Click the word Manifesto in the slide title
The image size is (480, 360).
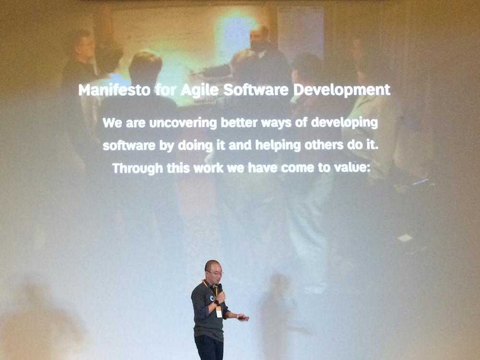tap(115, 90)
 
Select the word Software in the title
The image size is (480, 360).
tap(256, 90)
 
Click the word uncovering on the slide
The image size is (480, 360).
tap(183, 123)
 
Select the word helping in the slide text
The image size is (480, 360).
tap(278, 145)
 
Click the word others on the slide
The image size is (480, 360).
tap(324, 144)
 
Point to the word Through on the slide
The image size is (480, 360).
tap(138, 168)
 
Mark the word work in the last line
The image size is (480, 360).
tap(208, 168)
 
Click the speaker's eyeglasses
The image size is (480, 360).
tap(216, 273)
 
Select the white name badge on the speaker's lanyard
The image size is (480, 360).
tap(218, 312)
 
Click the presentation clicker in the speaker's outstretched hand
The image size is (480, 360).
tap(244, 318)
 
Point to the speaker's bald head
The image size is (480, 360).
tap(212, 265)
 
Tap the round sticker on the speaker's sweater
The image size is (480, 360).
tap(212, 298)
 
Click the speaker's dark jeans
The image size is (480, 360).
tap(209, 348)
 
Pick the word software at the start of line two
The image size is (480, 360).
tap(129, 146)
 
